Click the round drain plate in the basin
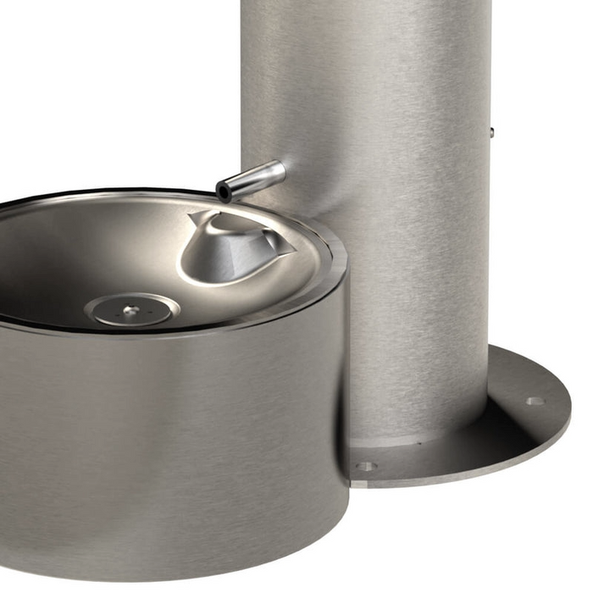pos(131,309)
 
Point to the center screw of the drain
pos(129,311)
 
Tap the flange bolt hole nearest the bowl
pos(365,466)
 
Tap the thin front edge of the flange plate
pos(474,477)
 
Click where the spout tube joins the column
pos(280,169)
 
